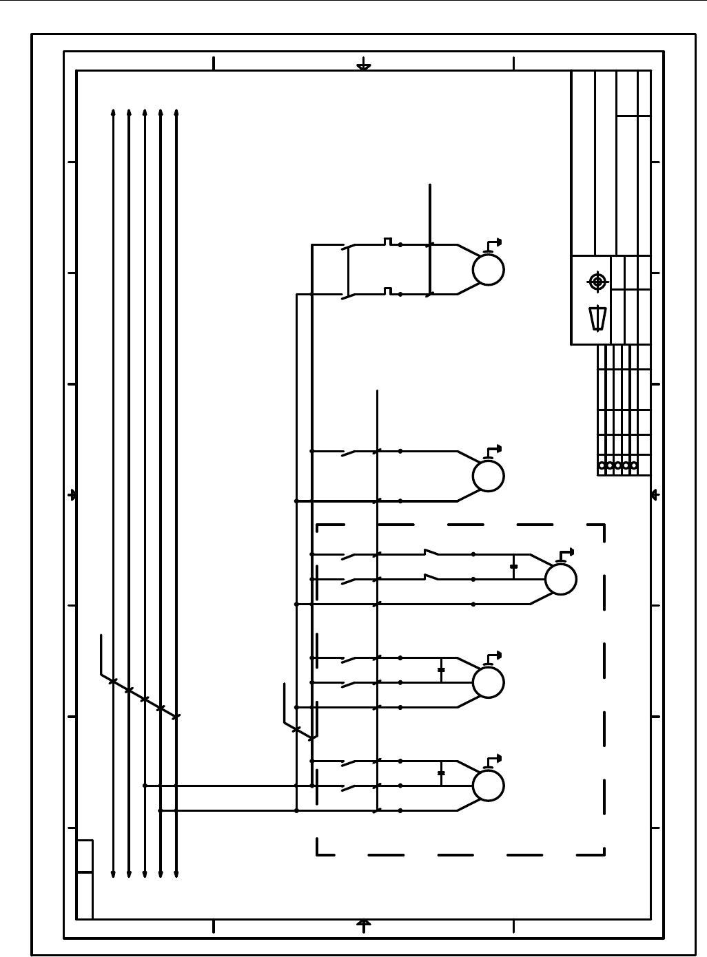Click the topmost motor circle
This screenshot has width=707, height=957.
point(488,269)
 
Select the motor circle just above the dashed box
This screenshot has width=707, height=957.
point(488,476)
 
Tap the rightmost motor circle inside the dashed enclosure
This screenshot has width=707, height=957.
point(560,579)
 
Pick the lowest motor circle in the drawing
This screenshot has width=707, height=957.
point(488,786)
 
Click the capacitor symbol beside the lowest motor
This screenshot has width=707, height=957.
point(441,773)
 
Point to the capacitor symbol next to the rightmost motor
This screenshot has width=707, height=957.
point(513,567)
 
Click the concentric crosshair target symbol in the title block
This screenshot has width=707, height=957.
point(597,282)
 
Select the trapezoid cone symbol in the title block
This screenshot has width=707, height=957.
point(597,318)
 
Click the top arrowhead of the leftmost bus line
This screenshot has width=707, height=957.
point(113,111)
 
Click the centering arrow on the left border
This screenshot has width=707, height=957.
point(72,495)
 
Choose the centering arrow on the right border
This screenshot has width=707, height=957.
point(655,495)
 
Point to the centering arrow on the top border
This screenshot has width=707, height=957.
point(364,67)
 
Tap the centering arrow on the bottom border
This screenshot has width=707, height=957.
point(364,923)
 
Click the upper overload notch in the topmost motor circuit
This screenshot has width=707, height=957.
point(388,241)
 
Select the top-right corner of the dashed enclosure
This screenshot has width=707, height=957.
point(604,525)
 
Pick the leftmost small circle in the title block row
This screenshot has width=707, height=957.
point(602,466)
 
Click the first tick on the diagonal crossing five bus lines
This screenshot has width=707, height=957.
point(113,682)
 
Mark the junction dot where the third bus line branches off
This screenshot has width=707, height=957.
point(145,786)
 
